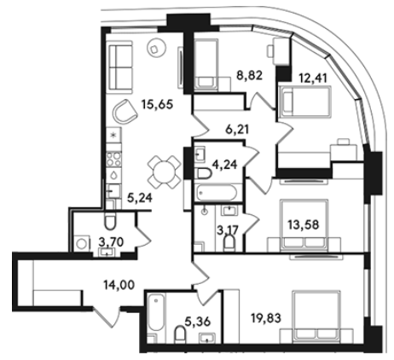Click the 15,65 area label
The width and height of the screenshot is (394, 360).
point(157,104)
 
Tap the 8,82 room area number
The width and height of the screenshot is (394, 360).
point(249,76)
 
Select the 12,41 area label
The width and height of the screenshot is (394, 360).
point(313,78)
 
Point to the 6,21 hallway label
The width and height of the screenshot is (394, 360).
point(237,130)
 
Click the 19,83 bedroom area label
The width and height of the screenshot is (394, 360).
point(266,317)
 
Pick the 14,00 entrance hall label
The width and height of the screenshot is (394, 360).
point(119,285)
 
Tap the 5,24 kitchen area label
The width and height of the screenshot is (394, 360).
point(140,198)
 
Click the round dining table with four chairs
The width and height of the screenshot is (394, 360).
point(164,171)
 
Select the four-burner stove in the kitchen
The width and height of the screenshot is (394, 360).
point(113,160)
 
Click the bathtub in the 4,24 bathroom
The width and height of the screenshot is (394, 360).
point(216,193)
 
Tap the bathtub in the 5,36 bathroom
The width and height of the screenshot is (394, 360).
point(156,312)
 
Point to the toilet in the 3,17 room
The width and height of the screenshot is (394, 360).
point(229,243)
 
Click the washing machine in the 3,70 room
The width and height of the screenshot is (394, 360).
point(82,244)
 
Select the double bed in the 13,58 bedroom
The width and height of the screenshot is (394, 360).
point(304,225)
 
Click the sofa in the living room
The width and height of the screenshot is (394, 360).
point(119,67)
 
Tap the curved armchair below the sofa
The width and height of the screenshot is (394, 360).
point(125,111)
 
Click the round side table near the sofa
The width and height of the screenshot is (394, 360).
point(156,49)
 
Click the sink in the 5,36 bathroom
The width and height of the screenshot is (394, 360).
point(207,338)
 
